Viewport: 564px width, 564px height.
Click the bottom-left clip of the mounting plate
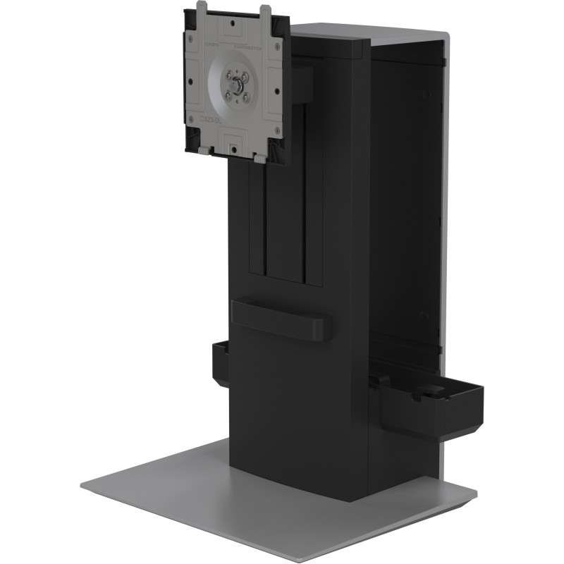tap(203, 149)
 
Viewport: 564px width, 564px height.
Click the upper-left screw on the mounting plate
tap(228, 72)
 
